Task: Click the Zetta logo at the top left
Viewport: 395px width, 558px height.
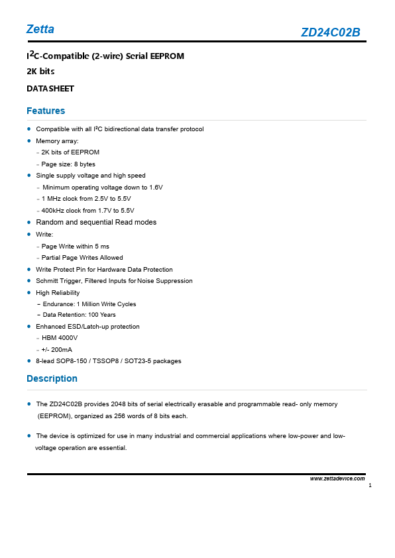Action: [x=40, y=29]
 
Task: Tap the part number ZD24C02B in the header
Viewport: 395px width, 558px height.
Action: [x=330, y=32]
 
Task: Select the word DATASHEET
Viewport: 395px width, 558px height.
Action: [x=50, y=88]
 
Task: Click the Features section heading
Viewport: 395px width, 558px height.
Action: [x=46, y=111]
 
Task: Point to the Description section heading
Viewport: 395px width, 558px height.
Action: [x=52, y=378]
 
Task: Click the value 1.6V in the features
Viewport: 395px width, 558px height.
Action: [x=156, y=188]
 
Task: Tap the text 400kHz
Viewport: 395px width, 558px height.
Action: [x=54, y=211]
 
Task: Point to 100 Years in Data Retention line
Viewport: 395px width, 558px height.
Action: [x=102, y=315]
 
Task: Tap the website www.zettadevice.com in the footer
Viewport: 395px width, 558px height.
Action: [x=337, y=478]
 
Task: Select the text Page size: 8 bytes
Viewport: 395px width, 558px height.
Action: [x=68, y=164]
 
